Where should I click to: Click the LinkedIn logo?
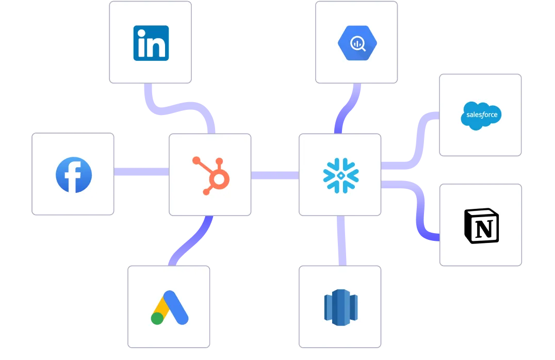pyautogui.click(x=151, y=43)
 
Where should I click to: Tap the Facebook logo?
pyautogui.click(x=73, y=175)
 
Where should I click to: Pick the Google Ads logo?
pyautogui.click(x=169, y=308)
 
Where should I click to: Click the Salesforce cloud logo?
pyautogui.click(x=480, y=115)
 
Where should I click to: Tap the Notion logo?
pyautogui.click(x=481, y=226)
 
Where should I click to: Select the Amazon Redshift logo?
pyautogui.click(x=340, y=307)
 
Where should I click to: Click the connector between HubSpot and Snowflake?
pyautogui.click(x=274, y=175)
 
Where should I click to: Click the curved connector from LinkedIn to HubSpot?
pyautogui.click(x=175, y=107)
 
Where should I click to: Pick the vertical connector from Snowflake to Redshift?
pyautogui.click(x=340, y=240)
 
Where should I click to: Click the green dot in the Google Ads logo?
pyautogui.click(x=157, y=318)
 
